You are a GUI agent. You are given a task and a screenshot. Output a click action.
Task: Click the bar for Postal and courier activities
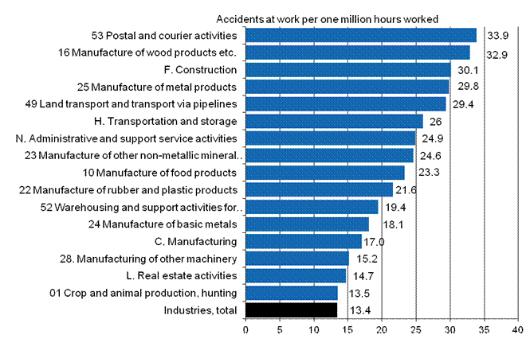(361, 35)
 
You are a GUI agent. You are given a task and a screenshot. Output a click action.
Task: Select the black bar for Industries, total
(292, 310)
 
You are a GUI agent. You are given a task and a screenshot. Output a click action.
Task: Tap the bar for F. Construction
(348, 69)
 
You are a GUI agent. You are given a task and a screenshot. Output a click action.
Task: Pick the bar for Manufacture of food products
(325, 173)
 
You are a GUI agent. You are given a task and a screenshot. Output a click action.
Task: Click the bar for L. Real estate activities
(296, 275)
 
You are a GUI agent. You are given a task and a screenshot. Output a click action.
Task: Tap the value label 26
(436, 122)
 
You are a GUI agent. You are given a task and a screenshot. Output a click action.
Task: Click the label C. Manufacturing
(195, 241)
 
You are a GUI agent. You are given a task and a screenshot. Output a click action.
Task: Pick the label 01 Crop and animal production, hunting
(143, 293)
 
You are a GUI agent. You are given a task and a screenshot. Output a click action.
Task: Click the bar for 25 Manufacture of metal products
(347, 87)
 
